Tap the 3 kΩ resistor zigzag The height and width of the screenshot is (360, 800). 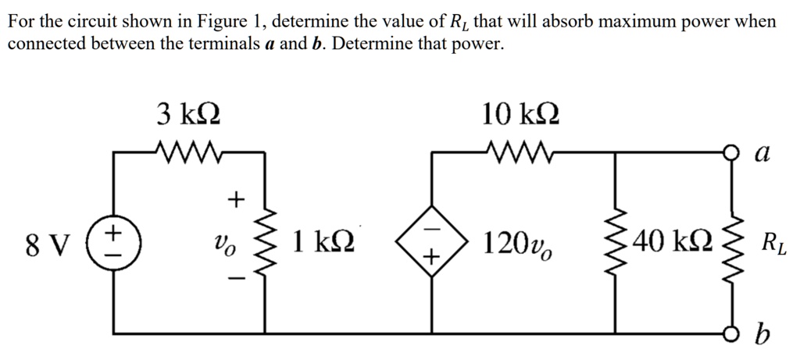coord(187,151)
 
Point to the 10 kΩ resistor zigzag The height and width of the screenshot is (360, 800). coord(518,151)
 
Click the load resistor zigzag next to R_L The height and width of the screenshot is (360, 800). coord(734,243)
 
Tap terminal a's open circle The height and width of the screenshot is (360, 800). coord(734,151)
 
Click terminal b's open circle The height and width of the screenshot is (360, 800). coord(734,333)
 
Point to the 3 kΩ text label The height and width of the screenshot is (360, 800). coord(188,115)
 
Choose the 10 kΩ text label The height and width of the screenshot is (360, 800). coord(520,115)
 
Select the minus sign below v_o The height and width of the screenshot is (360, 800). coord(236,279)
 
